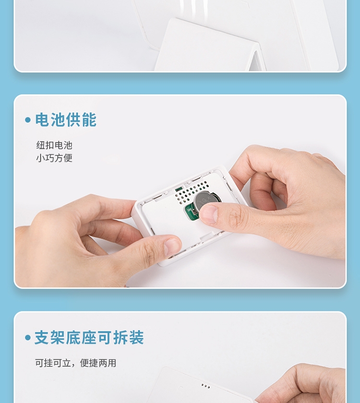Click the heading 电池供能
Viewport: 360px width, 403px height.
point(66,120)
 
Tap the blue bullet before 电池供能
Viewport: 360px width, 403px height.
point(28,120)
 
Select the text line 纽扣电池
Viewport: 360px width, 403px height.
point(54,145)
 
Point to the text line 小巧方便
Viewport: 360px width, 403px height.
point(54,158)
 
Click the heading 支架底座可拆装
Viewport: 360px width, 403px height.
point(89,337)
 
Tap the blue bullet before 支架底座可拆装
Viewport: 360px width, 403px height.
point(28,337)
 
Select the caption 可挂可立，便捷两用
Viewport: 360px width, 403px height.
point(76,363)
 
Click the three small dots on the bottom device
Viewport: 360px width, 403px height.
point(205,386)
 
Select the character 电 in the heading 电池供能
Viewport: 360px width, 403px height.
point(42,120)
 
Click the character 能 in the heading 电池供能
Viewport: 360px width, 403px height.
point(89,120)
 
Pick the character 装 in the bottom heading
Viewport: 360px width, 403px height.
point(136,337)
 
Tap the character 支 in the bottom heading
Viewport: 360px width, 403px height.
point(42,337)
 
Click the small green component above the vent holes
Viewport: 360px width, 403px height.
point(178,190)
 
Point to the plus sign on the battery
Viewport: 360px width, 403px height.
point(208,197)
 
